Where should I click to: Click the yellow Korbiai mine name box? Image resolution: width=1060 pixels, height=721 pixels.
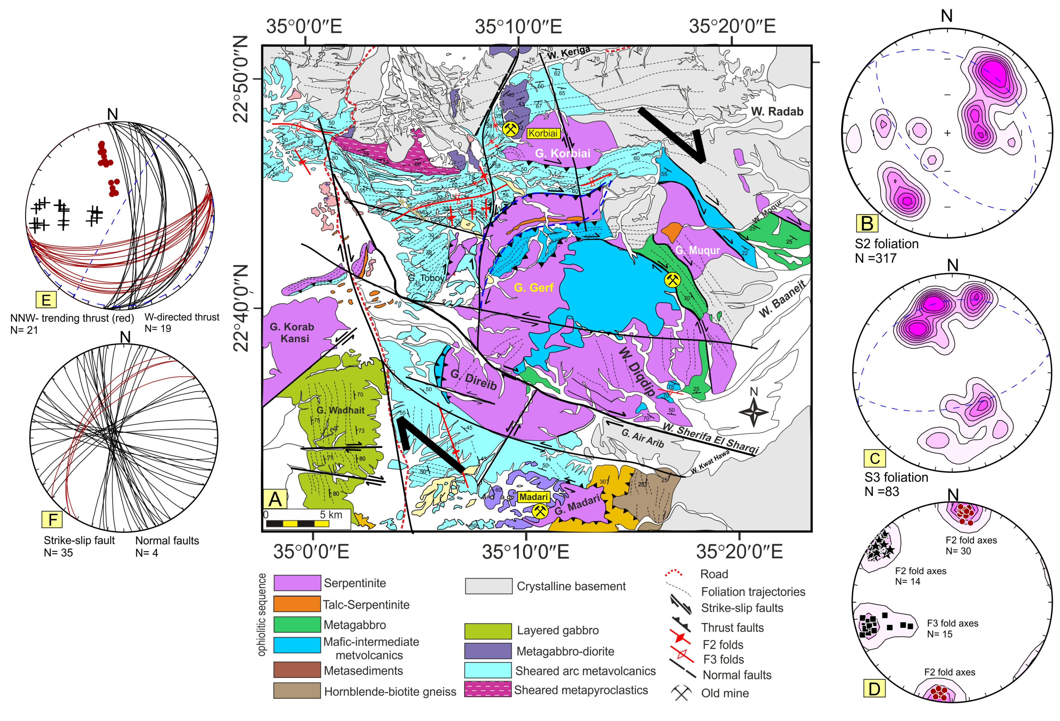click(543, 133)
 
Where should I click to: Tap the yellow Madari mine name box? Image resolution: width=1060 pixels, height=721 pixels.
click(533, 496)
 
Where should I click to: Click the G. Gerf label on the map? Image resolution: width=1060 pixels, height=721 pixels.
click(533, 287)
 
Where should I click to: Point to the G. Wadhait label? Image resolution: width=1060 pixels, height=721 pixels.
click(340, 410)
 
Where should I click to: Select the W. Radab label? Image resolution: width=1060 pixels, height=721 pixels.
click(777, 111)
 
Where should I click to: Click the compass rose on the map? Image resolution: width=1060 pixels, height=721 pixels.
click(753, 411)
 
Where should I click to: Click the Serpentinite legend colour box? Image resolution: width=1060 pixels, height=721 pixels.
click(297, 583)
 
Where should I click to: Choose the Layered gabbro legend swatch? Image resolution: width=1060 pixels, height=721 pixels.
click(487, 631)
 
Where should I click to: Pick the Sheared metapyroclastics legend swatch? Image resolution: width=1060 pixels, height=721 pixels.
click(487, 689)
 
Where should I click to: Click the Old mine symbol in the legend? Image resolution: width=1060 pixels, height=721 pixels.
click(681, 693)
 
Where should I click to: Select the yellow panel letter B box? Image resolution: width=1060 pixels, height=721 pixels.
click(866, 223)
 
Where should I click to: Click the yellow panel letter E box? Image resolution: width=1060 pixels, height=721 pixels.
click(46, 300)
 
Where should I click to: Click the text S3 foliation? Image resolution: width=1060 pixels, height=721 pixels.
click(896, 477)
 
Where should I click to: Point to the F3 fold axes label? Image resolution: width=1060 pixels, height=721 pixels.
click(952, 623)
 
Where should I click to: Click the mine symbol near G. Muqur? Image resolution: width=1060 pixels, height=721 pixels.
click(672, 280)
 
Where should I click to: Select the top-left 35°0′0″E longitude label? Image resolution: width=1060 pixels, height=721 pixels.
click(304, 26)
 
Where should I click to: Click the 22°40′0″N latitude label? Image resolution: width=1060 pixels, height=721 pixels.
click(241, 308)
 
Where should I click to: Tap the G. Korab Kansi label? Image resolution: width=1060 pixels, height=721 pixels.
click(292, 332)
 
